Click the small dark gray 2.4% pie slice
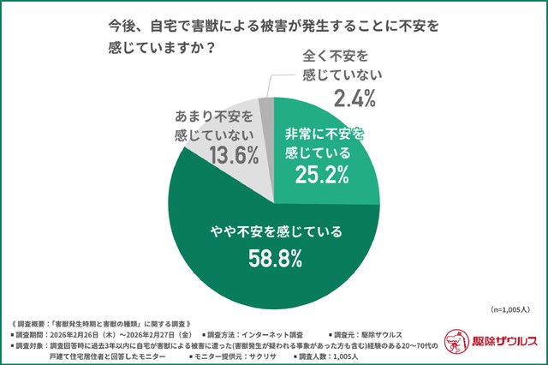(267, 112)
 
